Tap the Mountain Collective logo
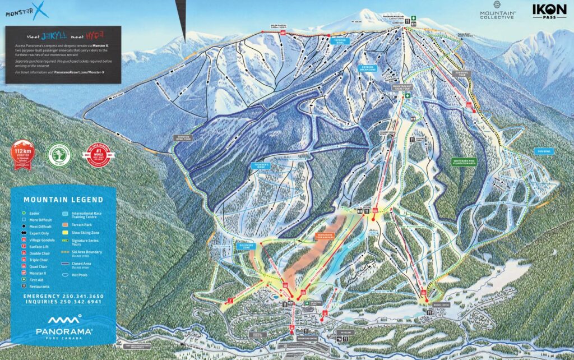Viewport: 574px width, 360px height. click(x=497, y=12)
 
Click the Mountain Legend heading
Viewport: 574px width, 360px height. click(x=63, y=199)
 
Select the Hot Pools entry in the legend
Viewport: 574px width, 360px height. click(x=78, y=276)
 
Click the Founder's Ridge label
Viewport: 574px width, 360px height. click(x=260, y=165)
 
